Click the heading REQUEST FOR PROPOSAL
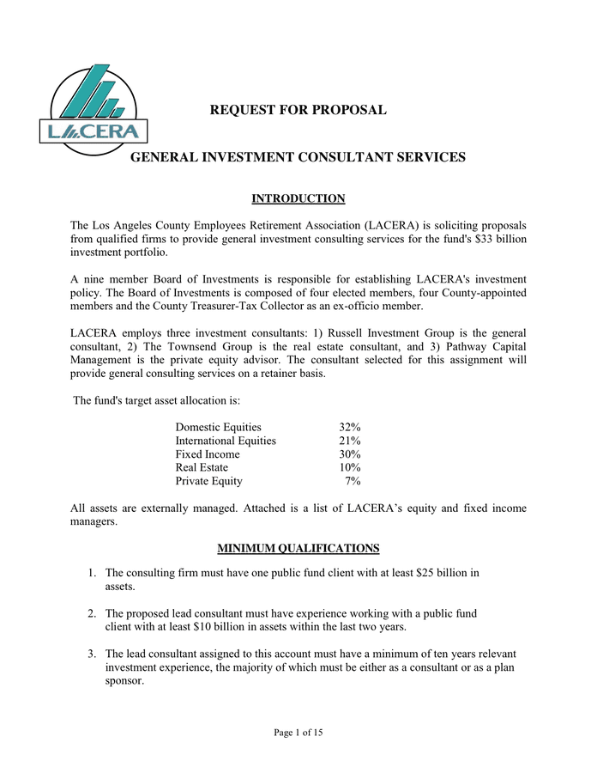click(298, 110)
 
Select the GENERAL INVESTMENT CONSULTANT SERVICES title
click(298, 157)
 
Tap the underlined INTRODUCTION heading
click(298, 199)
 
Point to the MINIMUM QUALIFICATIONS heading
click(298, 548)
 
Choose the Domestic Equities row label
click(218, 427)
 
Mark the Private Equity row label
click(208, 481)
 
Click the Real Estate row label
click(202, 467)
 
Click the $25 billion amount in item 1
click(447, 573)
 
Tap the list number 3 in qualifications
click(91, 654)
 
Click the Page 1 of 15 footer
click(298, 733)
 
